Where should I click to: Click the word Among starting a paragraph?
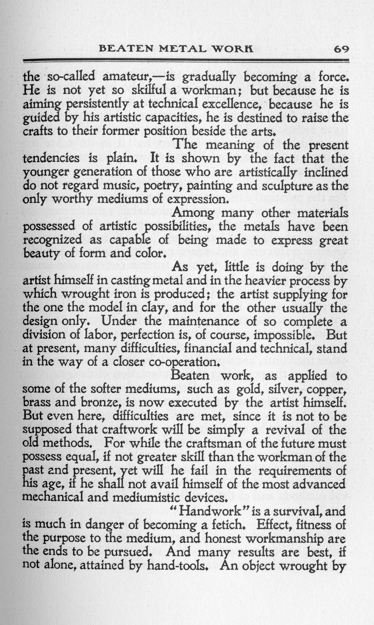(x=195, y=213)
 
